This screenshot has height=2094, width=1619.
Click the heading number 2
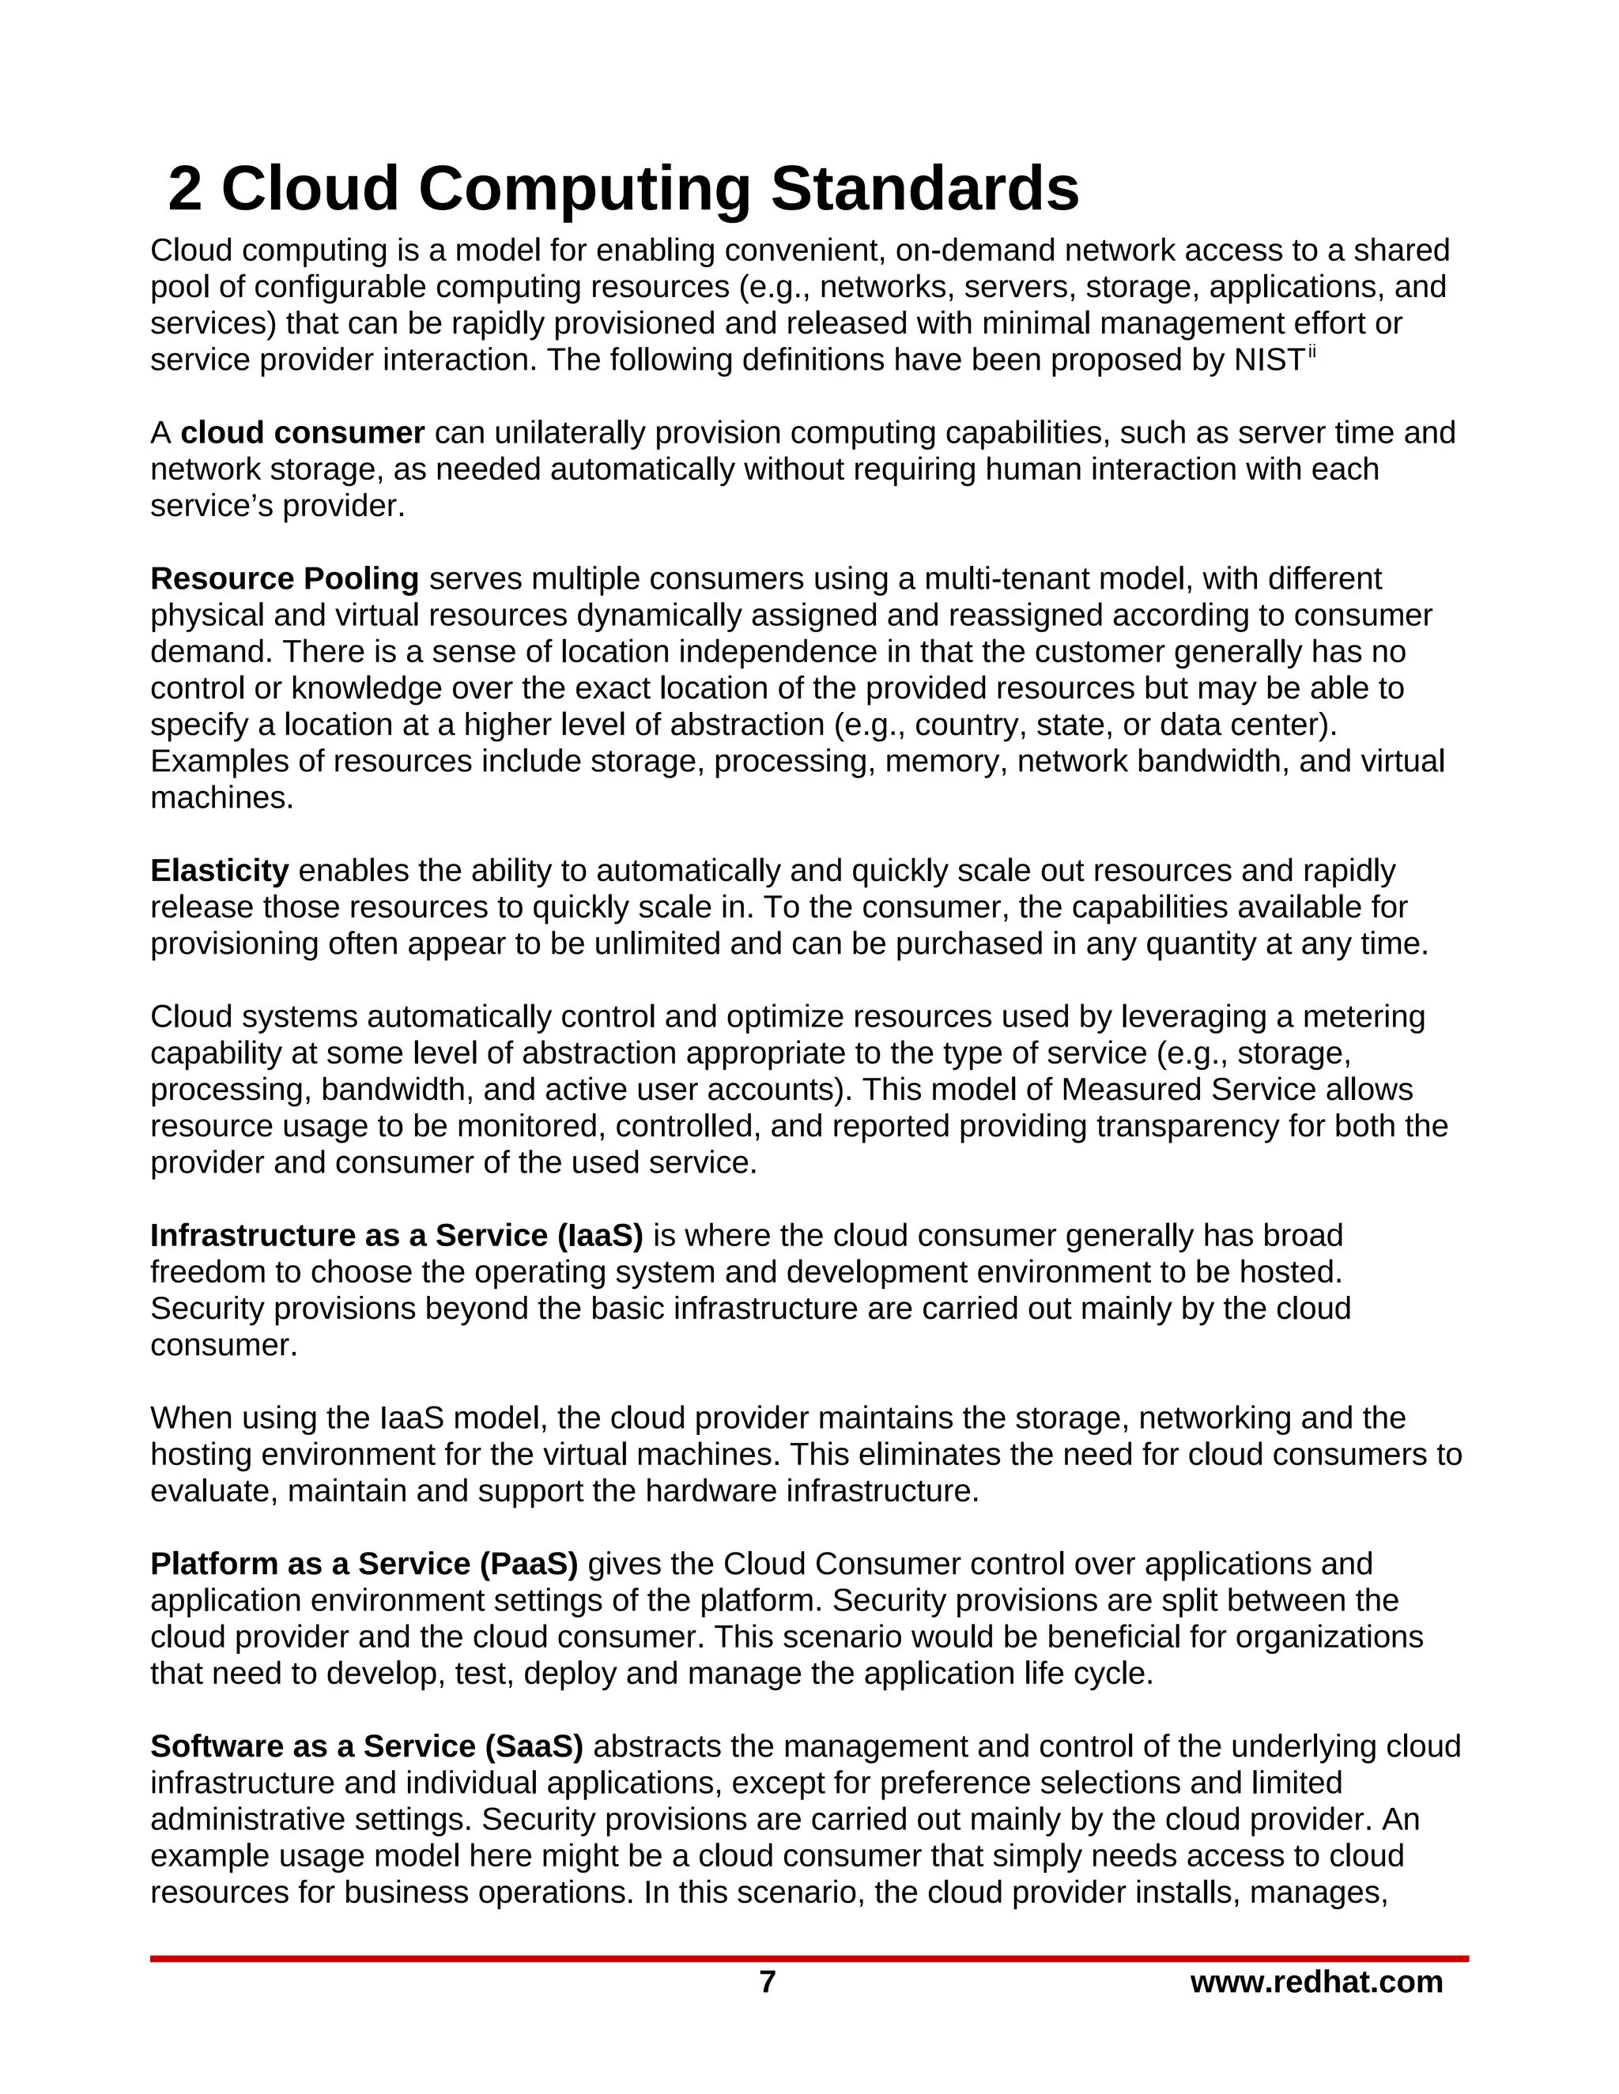[185, 189]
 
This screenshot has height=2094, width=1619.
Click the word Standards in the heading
[925, 189]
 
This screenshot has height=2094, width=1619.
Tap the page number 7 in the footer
[768, 1982]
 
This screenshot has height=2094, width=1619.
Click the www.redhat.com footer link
[1316, 1982]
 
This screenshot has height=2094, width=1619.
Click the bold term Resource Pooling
[284, 579]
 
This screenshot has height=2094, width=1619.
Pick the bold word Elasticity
[219, 871]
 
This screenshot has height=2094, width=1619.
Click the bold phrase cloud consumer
[302, 433]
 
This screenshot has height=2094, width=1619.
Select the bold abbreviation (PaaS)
[529, 1564]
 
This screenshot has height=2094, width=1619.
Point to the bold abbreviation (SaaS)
[534, 1746]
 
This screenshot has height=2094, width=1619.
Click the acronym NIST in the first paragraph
[1269, 360]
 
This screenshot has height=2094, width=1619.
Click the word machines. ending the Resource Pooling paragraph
[221, 798]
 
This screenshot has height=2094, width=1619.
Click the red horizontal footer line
[809, 1959]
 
